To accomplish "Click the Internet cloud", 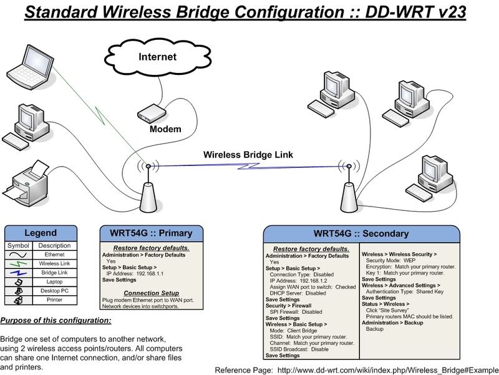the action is point(158,57).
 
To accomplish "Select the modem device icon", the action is point(152,113).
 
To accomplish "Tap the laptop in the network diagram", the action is point(30,67).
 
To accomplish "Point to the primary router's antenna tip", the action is point(148,166).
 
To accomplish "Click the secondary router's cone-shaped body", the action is point(349,198).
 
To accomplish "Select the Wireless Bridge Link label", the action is point(248,155).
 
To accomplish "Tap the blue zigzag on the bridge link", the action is point(248,166).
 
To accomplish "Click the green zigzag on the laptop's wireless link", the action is point(100,116).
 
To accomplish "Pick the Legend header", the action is point(41,233).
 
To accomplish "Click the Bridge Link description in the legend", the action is point(54,273).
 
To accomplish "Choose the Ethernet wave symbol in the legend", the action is point(18,255).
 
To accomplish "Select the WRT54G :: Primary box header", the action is point(151,233).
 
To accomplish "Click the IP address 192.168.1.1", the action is point(150,274).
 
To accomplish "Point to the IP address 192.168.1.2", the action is point(314,281).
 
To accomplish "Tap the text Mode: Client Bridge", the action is point(293,331).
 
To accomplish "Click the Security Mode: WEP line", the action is point(390,260).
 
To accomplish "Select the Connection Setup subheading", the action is point(152,293).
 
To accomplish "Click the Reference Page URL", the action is point(388,371).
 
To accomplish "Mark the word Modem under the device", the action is point(165,129).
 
